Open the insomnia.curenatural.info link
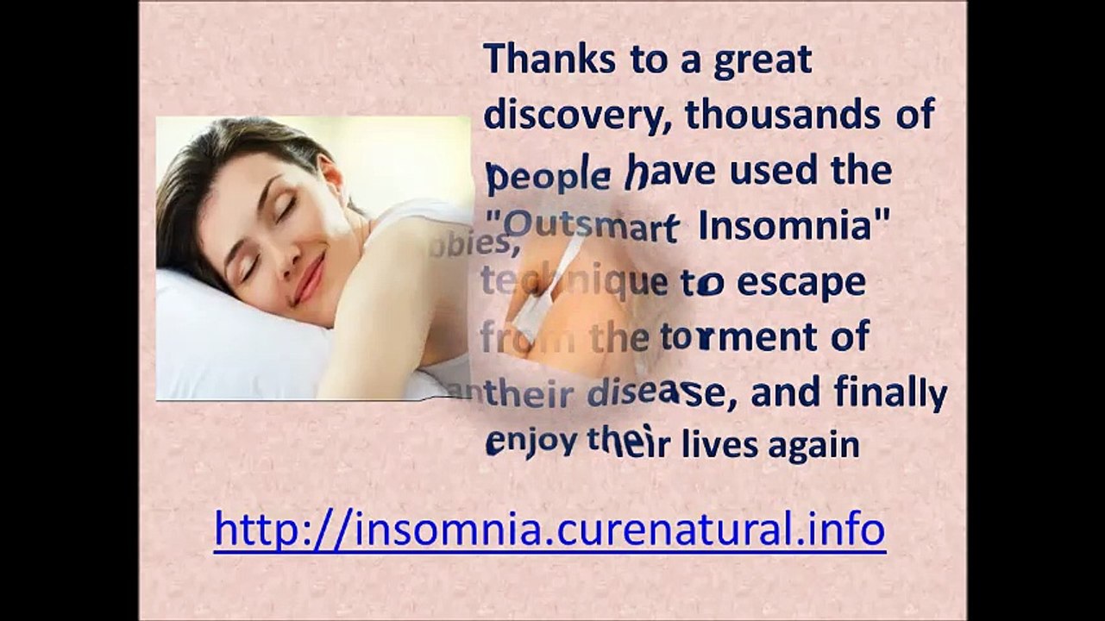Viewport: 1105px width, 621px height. click(549, 528)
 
